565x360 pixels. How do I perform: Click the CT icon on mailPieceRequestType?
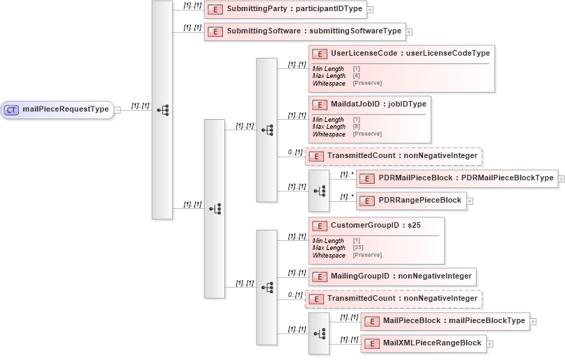12,109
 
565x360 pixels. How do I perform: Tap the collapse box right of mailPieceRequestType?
117,109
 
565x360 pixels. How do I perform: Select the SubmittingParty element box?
285,9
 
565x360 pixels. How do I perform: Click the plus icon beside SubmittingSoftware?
410,31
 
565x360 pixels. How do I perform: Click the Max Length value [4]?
356,75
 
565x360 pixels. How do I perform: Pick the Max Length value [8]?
356,127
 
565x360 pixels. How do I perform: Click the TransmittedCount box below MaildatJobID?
394,155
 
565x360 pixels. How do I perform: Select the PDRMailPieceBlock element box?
457,178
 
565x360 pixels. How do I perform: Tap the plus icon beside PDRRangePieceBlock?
470,201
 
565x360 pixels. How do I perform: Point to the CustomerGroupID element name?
376,225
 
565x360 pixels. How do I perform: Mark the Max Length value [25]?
358,248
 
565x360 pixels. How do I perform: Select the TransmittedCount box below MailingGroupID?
394,299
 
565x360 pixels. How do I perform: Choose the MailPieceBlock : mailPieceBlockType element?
445,321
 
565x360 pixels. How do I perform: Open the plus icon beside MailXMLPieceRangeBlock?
490,343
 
